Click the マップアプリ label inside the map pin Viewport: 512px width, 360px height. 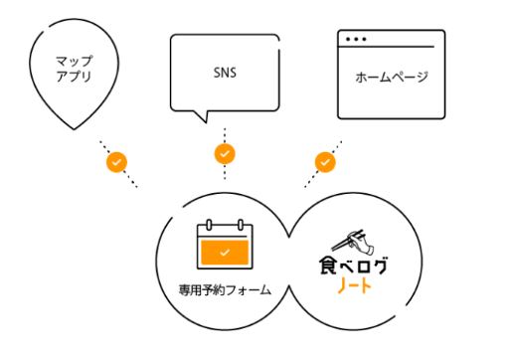[x=74, y=69]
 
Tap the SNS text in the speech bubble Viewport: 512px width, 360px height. [x=225, y=73]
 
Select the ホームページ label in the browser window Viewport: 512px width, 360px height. [x=392, y=78]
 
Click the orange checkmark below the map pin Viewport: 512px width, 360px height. [x=116, y=162]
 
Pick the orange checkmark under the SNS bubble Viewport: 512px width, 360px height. [x=225, y=154]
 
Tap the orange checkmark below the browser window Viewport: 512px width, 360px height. [x=325, y=162]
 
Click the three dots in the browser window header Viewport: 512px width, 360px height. [x=356, y=39]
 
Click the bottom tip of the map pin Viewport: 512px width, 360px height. [x=74, y=129]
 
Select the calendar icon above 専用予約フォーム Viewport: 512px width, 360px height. [x=225, y=244]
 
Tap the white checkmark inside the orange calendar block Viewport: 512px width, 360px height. [x=225, y=253]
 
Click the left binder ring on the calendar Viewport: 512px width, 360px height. [x=209, y=225]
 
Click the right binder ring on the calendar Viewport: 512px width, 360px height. [x=241, y=225]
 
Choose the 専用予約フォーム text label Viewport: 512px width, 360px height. [x=225, y=290]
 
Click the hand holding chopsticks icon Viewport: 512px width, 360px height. [x=353, y=242]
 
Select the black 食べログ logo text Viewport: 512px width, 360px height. [x=353, y=266]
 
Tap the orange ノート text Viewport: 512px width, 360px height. [x=354, y=285]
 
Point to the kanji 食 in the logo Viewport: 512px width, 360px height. [x=327, y=266]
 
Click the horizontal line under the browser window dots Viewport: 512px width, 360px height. [x=386, y=47]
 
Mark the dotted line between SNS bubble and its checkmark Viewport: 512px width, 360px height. [x=225, y=135]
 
